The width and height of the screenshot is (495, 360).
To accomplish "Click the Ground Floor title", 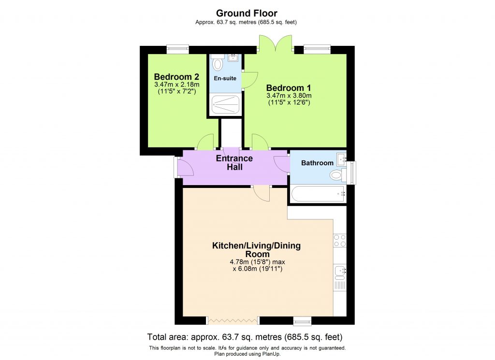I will click(247, 13).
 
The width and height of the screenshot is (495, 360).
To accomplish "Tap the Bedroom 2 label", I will click(176, 77).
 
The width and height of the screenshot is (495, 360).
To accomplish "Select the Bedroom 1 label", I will click(288, 88).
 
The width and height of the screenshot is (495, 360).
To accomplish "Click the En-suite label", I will click(225, 78).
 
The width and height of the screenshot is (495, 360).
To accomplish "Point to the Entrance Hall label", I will click(234, 163).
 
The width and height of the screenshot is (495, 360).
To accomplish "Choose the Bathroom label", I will click(317, 163).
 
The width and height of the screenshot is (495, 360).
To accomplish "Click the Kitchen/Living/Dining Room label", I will click(256, 250).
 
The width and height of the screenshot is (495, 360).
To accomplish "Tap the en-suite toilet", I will click(218, 64).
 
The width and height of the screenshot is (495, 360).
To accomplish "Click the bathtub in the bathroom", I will click(318, 194).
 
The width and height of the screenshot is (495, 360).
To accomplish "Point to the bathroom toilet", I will click(337, 174).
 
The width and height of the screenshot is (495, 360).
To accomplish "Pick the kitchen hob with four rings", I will click(340, 241).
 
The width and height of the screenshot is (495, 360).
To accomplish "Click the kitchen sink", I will click(340, 273).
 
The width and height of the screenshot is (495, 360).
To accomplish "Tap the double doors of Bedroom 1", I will click(275, 43).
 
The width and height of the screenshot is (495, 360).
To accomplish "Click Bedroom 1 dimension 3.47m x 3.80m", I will click(288, 96).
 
